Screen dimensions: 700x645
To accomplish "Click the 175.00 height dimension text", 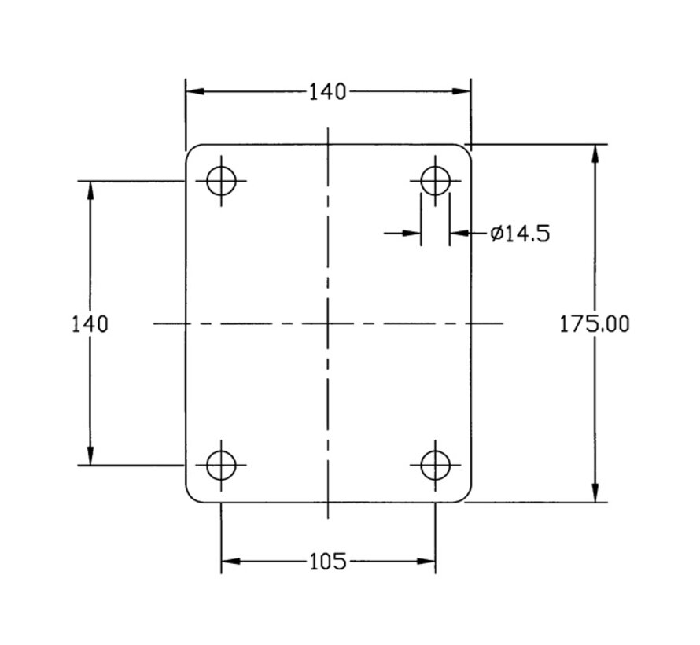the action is [594, 324].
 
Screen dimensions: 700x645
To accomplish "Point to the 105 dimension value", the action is [328, 562].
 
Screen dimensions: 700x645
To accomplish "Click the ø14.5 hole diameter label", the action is [520, 234].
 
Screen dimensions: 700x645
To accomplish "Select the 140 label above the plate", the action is [328, 91].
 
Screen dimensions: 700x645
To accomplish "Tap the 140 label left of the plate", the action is [90, 324].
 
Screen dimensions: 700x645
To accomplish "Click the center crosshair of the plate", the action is [328, 323].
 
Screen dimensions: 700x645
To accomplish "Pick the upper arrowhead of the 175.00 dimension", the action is [595, 154].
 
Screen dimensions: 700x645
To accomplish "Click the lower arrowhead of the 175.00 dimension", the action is [595, 492].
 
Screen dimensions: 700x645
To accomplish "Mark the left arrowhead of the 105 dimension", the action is [231, 561].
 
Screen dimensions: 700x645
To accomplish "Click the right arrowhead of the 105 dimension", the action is [426, 561].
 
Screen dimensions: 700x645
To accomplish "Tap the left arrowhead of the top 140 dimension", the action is [196, 91].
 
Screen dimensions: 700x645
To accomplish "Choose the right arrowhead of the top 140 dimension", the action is [461, 91].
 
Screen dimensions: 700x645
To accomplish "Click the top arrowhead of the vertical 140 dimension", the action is [90, 191].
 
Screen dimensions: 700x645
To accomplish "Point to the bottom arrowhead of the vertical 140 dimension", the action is [90, 455].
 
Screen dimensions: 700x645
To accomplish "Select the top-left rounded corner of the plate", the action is [190, 149].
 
